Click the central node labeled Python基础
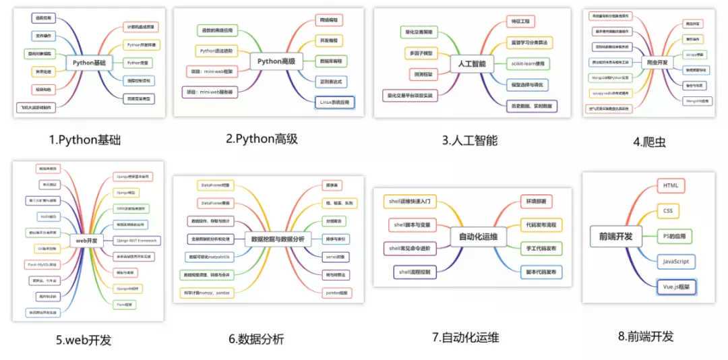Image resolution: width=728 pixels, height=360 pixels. click(90, 63)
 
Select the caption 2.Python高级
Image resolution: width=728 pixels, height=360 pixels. click(262, 139)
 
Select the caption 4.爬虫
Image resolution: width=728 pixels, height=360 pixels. click(651, 142)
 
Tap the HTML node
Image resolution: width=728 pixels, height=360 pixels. click(671, 185)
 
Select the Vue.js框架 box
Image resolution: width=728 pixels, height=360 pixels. click(676, 287)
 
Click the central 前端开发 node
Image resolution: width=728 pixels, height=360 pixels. click(615, 236)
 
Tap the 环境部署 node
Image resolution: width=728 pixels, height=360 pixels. click(536, 201)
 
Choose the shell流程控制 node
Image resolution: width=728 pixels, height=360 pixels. click(415, 272)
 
